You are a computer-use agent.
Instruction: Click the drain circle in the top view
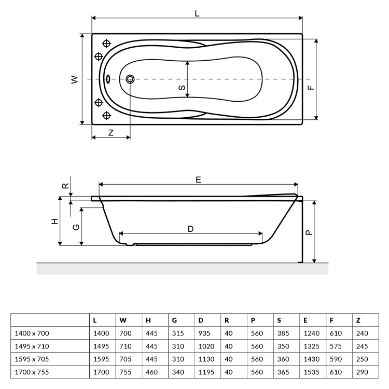(x=130, y=79)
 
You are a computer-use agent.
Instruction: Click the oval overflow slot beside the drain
(x=108, y=79)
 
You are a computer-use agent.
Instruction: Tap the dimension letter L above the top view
(x=197, y=13)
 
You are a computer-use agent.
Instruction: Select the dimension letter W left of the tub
(x=74, y=79)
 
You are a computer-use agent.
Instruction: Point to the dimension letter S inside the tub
(x=182, y=88)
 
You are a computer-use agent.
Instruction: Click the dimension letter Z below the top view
(x=111, y=132)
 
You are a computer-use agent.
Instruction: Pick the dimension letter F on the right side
(x=311, y=88)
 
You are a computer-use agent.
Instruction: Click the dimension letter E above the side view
(x=198, y=179)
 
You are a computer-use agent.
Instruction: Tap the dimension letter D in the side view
(x=190, y=229)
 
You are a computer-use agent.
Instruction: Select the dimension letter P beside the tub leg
(x=309, y=232)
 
